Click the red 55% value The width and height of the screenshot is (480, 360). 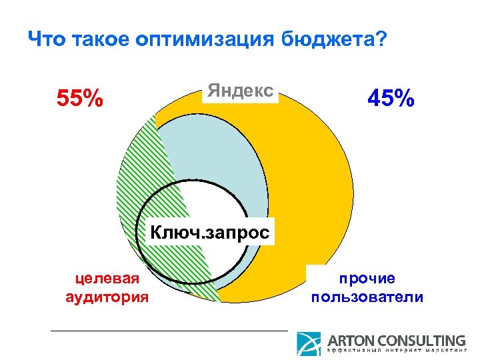[80, 99]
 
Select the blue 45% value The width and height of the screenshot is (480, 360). [391, 99]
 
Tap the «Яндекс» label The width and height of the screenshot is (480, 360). [240, 91]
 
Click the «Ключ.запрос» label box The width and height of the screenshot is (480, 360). [210, 233]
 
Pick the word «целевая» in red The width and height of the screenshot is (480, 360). [107, 278]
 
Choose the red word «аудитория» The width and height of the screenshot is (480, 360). [107, 296]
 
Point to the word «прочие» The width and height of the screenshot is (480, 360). [367, 278]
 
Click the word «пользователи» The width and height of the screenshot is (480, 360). [367, 296]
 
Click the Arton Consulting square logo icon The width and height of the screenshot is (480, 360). [309, 344]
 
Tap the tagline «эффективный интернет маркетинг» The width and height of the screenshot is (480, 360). [396, 352]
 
